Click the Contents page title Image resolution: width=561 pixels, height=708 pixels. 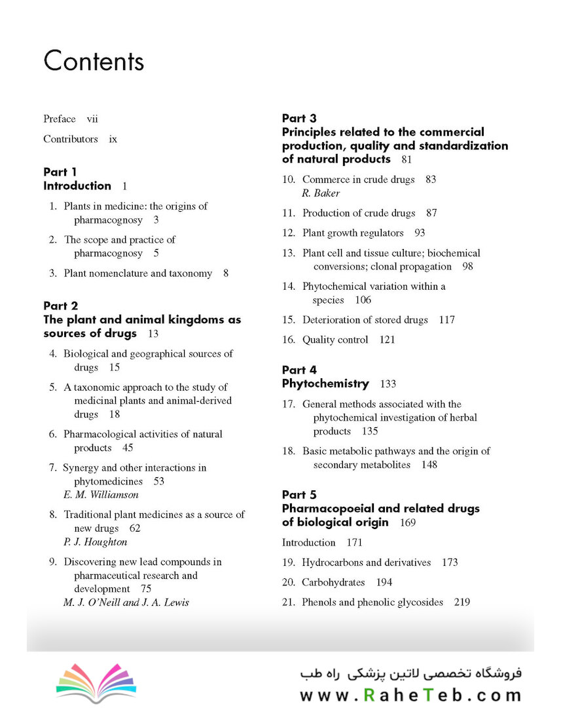pos(94,61)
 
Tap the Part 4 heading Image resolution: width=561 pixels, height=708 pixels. pos(299,370)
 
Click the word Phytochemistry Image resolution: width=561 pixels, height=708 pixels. pos(325,383)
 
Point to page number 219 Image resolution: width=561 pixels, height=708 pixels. pos(461,602)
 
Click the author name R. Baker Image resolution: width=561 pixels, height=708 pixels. pos(321,193)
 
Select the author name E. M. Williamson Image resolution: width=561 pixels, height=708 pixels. pos(101,495)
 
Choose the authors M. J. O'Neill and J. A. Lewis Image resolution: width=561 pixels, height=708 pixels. pos(126,602)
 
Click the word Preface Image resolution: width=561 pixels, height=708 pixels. pos(60,119)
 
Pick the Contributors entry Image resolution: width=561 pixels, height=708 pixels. pos(71,139)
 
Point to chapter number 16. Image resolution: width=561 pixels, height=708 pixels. pos(289,340)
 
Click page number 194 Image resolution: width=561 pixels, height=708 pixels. pos(384,582)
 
